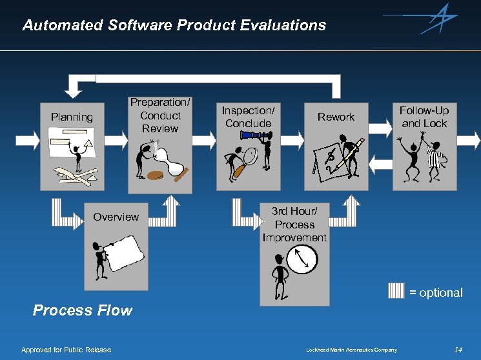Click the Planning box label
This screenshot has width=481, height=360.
(72, 117)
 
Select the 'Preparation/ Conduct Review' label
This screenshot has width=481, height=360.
(160, 115)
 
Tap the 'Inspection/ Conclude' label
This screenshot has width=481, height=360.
(248, 117)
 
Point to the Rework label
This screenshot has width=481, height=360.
(336, 117)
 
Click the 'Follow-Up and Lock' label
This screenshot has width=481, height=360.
(424, 117)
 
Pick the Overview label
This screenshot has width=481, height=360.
(116, 217)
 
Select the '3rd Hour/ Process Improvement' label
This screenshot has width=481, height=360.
(294, 225)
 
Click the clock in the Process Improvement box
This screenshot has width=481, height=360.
(302, 260)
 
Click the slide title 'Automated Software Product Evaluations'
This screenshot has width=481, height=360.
(174, 25)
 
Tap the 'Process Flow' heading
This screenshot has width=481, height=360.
(82, 310)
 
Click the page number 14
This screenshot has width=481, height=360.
(458, 350)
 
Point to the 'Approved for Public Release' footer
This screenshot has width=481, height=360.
(66, 350)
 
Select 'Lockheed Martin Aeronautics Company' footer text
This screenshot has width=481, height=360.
(351, 350)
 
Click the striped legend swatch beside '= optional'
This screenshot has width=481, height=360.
(396, 291)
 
